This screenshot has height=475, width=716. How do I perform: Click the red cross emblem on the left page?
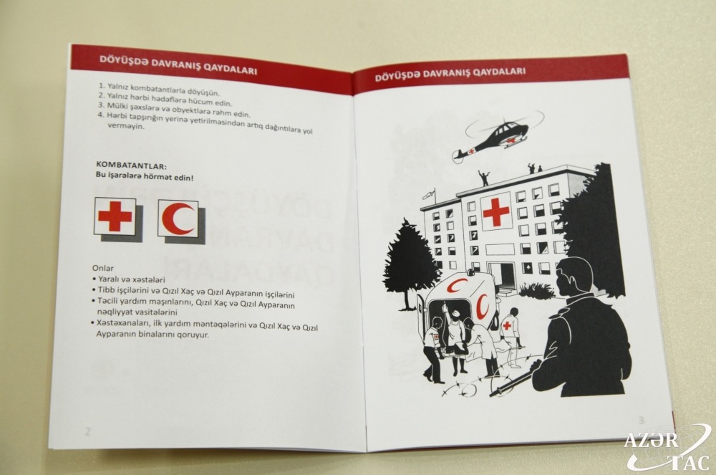point(115,216)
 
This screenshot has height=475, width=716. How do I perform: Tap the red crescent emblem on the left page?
point(178,219)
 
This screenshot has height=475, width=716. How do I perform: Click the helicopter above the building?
point(495,136)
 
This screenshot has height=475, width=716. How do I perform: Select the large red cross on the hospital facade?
point(496,211)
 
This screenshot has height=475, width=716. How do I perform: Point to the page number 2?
point(87,431)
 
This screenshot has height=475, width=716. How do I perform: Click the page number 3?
point(641,421)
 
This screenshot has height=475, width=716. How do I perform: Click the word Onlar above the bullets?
point(102,268)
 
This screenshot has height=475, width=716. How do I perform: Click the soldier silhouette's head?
point(574,277)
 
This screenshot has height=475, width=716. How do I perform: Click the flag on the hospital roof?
point(428,196)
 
